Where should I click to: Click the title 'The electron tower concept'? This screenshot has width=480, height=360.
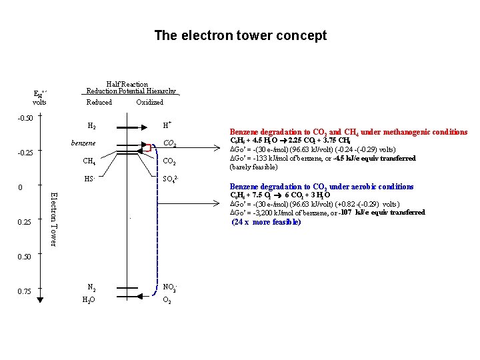240,35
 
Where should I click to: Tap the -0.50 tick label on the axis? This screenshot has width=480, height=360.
25,118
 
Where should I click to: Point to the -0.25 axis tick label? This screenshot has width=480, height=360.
25,153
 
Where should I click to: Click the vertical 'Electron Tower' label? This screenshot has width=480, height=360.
55,218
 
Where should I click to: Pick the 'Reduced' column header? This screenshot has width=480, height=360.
99,103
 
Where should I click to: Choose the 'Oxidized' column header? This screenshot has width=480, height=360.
149,103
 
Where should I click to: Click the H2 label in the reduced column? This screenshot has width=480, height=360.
91,125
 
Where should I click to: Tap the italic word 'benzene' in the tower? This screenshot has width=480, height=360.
83,143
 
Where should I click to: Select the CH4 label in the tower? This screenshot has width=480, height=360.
89,161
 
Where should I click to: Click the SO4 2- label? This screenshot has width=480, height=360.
171,179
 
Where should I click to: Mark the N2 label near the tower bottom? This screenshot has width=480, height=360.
91,288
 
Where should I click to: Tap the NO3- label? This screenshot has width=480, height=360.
169,288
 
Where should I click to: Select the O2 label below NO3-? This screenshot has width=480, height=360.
167,300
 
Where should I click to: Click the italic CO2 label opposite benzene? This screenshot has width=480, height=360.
169,143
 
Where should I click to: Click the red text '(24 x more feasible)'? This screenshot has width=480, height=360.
266,222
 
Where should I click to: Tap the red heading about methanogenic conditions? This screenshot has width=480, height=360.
349,132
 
